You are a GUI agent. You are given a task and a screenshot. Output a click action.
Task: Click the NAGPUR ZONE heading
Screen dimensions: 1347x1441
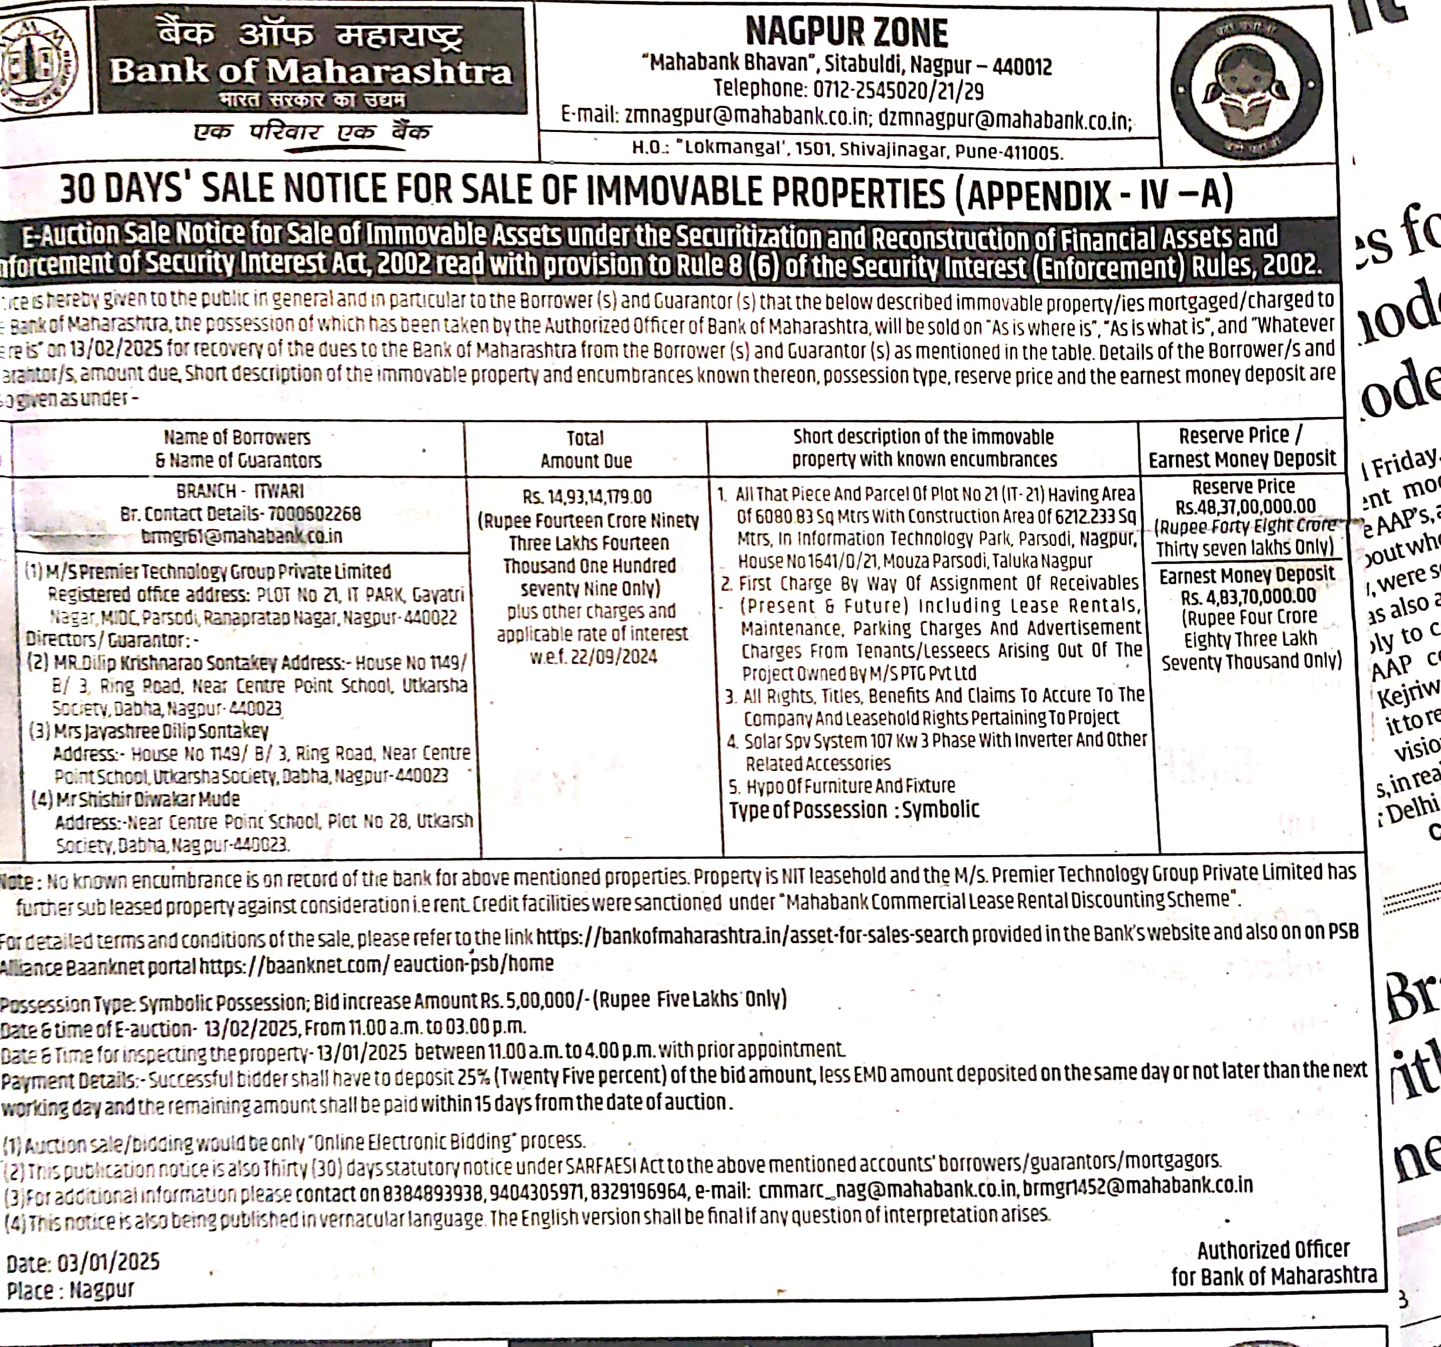(x=846, y=33)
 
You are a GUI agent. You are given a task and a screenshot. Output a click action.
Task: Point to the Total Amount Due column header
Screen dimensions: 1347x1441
(x=586, y=450)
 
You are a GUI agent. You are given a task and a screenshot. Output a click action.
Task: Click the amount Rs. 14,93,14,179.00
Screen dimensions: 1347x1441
(x=587, y=497)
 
